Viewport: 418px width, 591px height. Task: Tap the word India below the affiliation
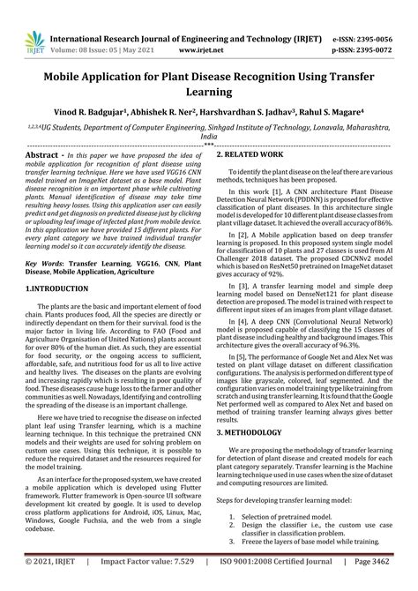209,138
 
